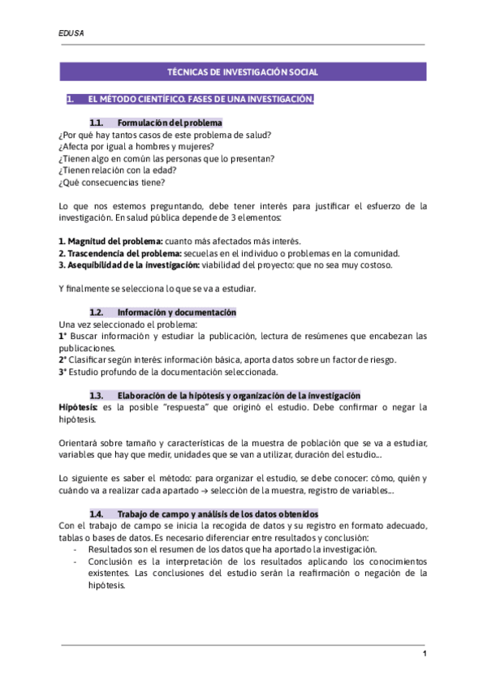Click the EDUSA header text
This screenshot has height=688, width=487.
point(71,33)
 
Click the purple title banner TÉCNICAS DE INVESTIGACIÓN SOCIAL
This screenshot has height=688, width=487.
point(243,72)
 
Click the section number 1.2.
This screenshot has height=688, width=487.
point(97,312)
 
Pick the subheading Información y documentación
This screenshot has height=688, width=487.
point(176,312)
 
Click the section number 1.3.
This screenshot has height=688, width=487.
point(97,395)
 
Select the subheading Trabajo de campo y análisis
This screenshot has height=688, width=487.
point(218,514)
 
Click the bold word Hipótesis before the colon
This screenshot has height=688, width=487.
point(78,407)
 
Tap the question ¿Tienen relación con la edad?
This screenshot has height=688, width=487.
point(118,170)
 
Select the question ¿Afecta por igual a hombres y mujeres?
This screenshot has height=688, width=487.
point(136,147)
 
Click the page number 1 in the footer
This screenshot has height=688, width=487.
point(424,655)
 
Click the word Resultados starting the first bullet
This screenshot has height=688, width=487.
point(110,549)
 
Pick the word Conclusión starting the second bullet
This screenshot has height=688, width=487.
point(110,561)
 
